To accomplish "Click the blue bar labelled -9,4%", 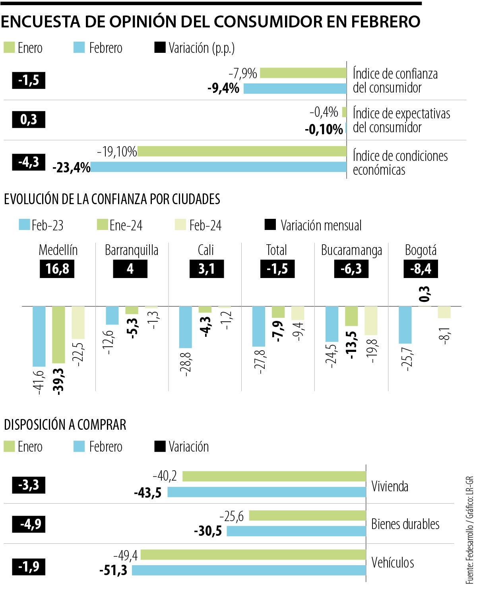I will pos(295,88).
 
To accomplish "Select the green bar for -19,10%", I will pos(242,151).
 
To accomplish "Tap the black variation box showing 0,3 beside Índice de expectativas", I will pos(29,120).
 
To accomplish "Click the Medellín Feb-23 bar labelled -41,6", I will pos(39,336).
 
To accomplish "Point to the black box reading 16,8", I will pos(57,269).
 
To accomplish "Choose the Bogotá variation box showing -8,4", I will pos(421,269).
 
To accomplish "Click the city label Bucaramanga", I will pos(351,250).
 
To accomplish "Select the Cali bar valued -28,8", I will pos(186,327).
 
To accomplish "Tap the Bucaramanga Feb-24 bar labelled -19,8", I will pos(371,321).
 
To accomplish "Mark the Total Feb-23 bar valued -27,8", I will pos(259,326).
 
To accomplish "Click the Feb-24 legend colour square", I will pos(180,225).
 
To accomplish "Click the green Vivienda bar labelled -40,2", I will pos(274,476).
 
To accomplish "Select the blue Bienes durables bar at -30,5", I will pos(296,531).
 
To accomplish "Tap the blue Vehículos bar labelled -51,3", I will pos(249,570).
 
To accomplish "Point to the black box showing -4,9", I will pos(29,524).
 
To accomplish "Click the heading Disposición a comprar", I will pos(65,425).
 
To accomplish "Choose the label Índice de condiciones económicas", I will pos(400,163).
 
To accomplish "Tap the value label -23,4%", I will pos(72,168).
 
